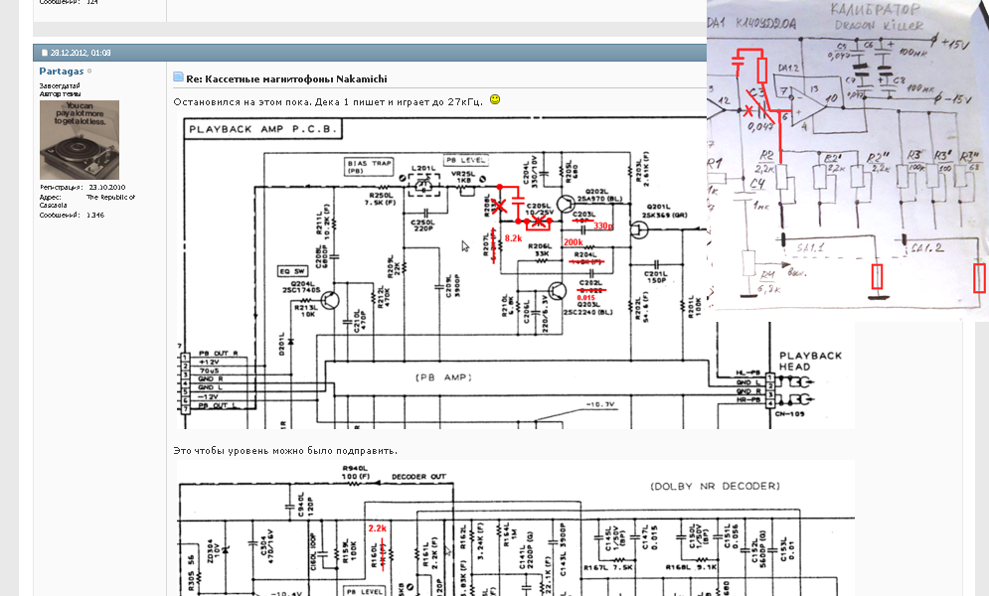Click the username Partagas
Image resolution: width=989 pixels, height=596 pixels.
(x=61, y=72)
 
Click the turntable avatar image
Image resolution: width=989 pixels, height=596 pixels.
(x=79, y=139)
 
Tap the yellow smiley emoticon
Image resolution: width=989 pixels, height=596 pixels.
(x=495, y=100)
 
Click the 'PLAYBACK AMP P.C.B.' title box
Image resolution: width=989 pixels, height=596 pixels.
(x=263, y=129)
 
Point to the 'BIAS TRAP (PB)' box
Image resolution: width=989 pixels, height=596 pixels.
(x=367, y=166)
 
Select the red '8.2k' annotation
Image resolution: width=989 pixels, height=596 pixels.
(x=513, y=239)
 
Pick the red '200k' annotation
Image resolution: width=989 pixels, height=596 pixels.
(x=574, y=242)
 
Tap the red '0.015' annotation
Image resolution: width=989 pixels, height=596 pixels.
(x=585, y=298)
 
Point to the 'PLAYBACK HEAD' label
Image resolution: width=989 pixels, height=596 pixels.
(x=811, y=361)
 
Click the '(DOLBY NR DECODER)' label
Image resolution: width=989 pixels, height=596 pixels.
(x=716, y=487)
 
